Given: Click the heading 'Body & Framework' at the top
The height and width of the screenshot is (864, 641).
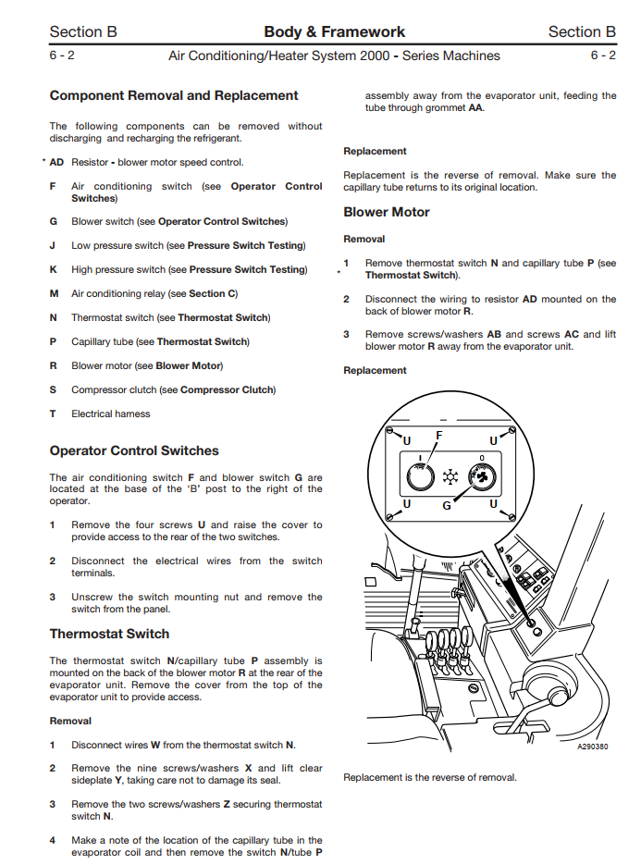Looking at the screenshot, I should [x=334, y=31].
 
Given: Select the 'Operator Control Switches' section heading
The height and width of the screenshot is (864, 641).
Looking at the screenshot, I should [x=134, y=451].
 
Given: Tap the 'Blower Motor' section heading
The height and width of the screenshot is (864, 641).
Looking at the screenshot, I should [x=387, y=212].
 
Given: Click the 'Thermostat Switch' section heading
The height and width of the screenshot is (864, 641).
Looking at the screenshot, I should [x=109, y=634].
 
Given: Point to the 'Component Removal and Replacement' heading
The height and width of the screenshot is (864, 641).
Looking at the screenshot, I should [x=174, y=95].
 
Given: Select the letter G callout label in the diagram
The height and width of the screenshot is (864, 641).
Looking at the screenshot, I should [x=447, y=505].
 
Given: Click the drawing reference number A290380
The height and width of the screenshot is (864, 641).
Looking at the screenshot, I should [x=592, y=746].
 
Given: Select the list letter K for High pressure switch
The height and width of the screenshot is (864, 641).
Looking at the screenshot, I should [x=54, y=269].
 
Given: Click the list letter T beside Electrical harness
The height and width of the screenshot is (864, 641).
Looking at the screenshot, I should [x=54, y=413].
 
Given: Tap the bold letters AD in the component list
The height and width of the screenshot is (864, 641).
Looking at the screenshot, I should [x=56, y=162].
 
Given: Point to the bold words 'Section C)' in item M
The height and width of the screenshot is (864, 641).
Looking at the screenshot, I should [x=213, y=293].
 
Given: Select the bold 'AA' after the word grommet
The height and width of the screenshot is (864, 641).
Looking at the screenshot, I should [x=475, y=107].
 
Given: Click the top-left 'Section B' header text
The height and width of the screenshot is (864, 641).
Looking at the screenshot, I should [x=83, y=31].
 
